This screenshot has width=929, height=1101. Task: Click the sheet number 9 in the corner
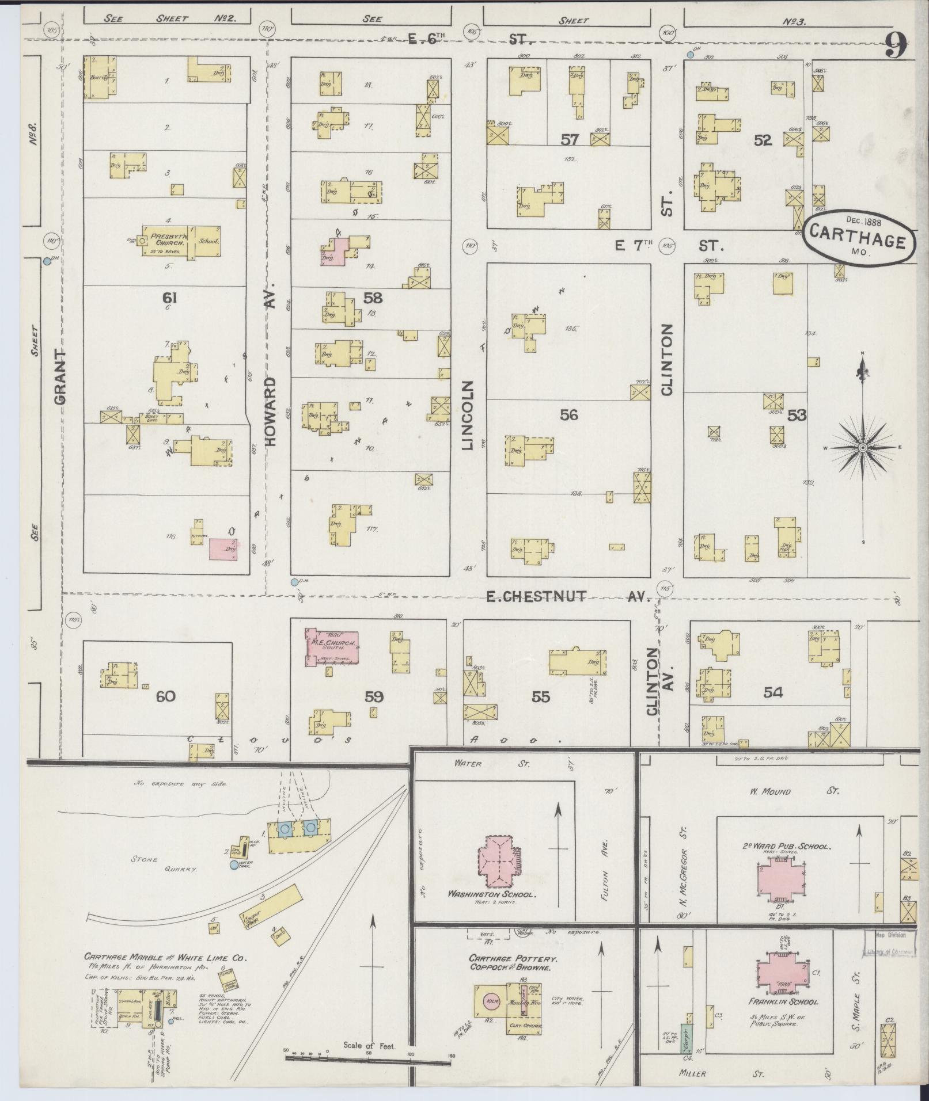pos(896,45)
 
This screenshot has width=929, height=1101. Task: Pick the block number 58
pos(373,298)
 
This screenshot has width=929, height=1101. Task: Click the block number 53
pos(797,415)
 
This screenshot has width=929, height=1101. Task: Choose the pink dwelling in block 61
pos(223,550)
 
